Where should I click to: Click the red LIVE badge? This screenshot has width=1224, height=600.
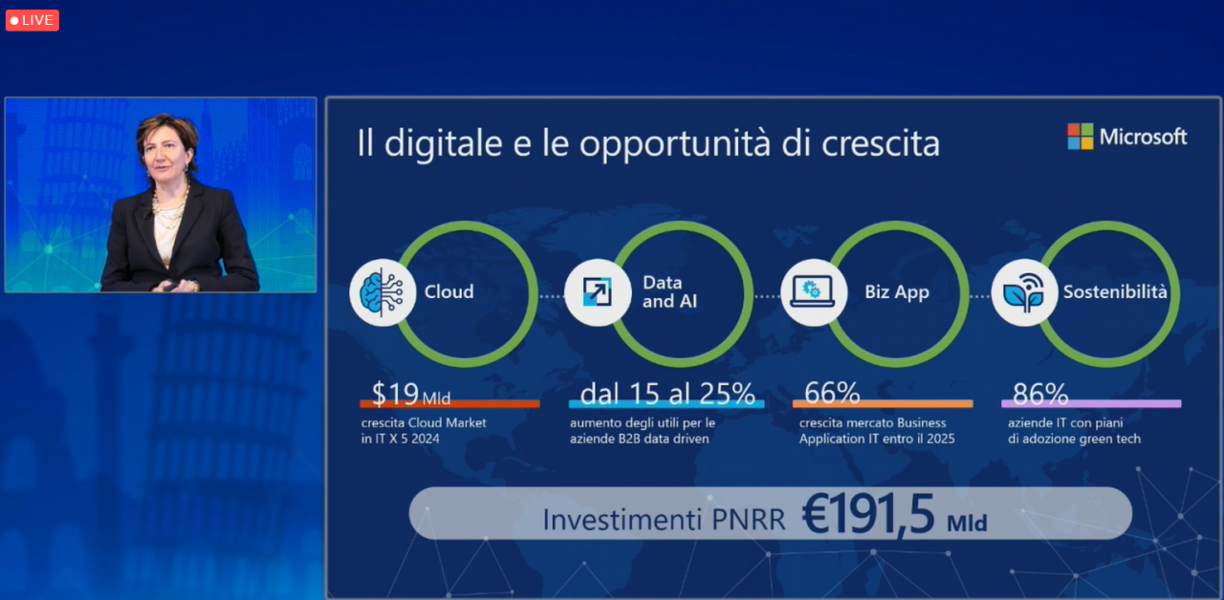pos(33,21)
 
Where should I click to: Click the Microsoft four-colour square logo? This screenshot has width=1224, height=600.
pos(1081,137)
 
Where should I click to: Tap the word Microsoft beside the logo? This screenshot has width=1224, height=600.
pos(1143,137)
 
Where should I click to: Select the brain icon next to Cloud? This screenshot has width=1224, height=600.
pos(382,292)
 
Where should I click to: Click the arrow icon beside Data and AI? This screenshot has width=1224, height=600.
pos(598,292)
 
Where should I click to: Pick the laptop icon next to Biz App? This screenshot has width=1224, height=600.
pos(813,292)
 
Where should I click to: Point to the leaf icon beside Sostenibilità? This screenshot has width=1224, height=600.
pos(1024,292)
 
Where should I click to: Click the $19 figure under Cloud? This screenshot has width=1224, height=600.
pos(395,394)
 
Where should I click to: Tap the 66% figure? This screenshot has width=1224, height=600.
pos(832,393)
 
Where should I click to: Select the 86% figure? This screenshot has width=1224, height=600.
pos(1040,394)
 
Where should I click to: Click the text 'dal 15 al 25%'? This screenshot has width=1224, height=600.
pos(667,394)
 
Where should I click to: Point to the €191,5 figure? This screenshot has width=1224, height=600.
pos(868,514)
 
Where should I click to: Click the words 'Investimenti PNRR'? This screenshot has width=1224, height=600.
pos(664,519)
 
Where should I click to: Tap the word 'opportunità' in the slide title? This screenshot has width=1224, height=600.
pos(676,144)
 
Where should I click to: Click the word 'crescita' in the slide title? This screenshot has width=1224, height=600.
pos(881,144)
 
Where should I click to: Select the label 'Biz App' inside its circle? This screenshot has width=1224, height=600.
pos(897,292)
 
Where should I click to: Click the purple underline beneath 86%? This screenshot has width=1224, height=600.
pos(1091,404)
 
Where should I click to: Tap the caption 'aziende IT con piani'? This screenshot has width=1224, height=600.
pos(1065,423)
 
